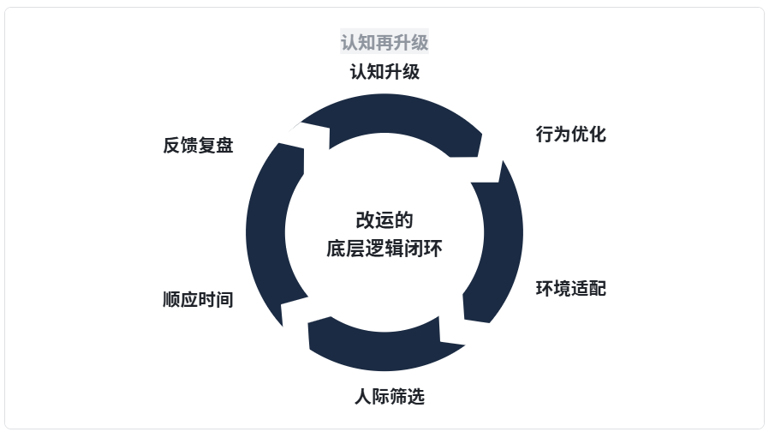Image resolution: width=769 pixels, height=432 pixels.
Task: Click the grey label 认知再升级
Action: pyautogui.click(x=384, y=42)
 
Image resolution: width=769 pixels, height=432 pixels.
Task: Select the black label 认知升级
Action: pyautogui.click(x=384, y=71)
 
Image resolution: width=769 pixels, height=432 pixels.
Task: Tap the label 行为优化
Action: pyautogui.click(x=570, y=134)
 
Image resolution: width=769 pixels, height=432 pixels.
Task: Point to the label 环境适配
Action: pyautogui.click(x=570, y=288)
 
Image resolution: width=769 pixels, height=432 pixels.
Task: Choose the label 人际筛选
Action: pyautogui.click(x=389, y=397)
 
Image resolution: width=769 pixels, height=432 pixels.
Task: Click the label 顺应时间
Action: pyautogui.click(x=198, y=300)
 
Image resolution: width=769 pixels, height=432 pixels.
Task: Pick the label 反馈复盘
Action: pyautogui.click(x=198, y=145)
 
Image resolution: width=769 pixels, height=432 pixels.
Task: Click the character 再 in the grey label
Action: pyautogui.click(x=384, y=42)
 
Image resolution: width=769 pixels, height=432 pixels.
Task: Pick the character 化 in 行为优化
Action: pyautogui.click(x=597, y=134)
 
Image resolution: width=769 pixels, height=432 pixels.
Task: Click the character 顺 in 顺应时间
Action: pyautogui.click(x=171, y=300)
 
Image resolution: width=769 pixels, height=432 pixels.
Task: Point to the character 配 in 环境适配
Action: pyautogui.click(x=597, y=288)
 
